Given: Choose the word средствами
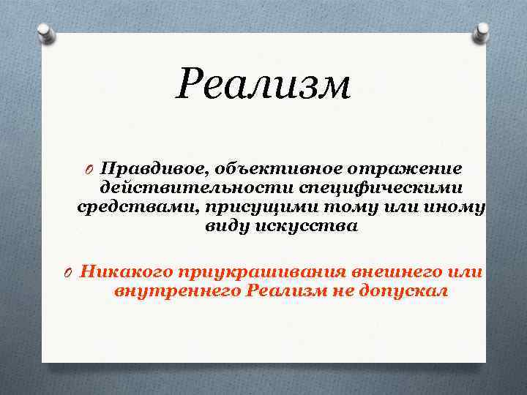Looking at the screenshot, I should [124, 207].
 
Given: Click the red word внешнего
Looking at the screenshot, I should [395, 272].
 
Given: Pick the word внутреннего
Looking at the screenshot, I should [177, 291].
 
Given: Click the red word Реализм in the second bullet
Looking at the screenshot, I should [285, 291].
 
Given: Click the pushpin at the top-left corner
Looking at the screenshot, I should [46, 32].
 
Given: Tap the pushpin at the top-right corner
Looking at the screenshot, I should [480, 31].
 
